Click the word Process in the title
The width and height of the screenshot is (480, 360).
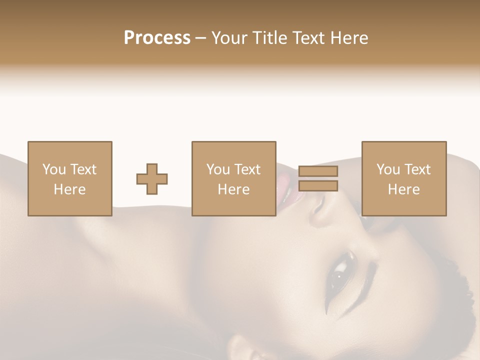click(x=157, y=37)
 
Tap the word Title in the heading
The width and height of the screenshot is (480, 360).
click(x=270, y=37)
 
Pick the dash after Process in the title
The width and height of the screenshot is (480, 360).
click(x=201, y=38)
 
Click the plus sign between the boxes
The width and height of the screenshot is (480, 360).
click(x=152, y=178)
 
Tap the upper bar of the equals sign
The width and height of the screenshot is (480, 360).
click(x=318, y=171)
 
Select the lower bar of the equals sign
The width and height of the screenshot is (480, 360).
click(x=318, y=186)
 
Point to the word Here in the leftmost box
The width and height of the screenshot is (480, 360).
click(x=69, y=189)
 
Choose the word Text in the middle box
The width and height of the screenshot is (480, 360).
click(x=247, y=169)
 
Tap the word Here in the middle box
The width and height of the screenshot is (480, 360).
click(x=233, y=189)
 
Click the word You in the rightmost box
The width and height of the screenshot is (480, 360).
click(x=388, y=169)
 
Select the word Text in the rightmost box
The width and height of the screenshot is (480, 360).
click(x=417, y=169)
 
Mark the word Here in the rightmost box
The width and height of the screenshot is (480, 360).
click(x=403, y=189)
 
